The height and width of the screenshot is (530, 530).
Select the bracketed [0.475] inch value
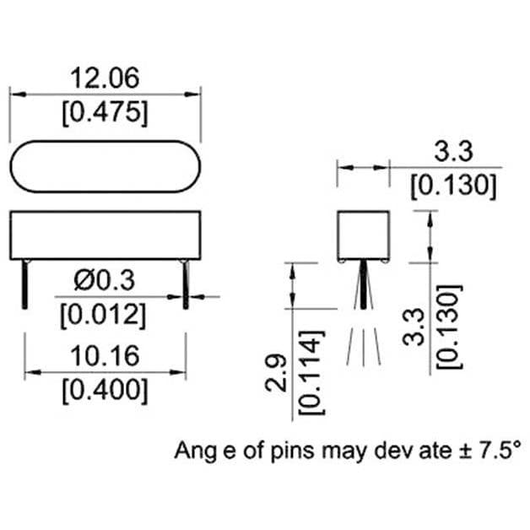tap(105, 113)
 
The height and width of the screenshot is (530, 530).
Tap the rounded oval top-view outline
tap(105, 165)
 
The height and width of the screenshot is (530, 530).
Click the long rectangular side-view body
tap(105, 235)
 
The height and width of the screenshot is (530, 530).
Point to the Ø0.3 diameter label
tap(104, 279)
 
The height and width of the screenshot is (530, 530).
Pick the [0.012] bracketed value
tap(104, 315)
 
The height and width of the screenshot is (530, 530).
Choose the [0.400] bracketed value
tap(105, 391)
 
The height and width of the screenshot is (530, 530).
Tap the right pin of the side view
tap(185, 284)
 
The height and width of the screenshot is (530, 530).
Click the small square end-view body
tap(363, 235)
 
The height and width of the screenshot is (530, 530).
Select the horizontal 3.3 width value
tap(452, 152)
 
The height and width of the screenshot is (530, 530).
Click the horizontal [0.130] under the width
tap(452, 186)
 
